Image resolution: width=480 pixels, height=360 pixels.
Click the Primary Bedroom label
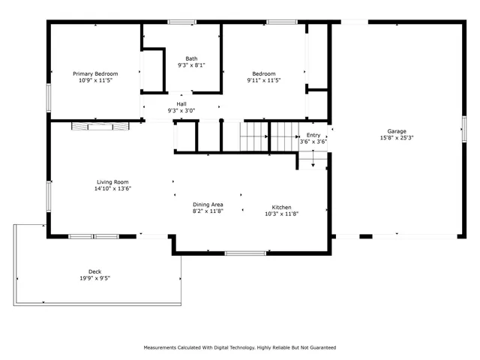tap(95, 73)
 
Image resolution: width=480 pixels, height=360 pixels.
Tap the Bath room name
tap(192, 58)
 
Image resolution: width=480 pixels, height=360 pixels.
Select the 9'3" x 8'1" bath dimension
tap(192, 66)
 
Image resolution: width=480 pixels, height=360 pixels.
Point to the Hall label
tap(181, 104)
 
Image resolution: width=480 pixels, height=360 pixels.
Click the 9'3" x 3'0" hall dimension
tap(181, 112)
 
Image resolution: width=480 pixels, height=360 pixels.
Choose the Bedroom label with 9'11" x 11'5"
tap(264, 73)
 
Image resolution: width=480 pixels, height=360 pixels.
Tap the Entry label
tap(313, 134)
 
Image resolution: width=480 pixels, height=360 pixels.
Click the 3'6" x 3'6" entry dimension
tap(313, 142)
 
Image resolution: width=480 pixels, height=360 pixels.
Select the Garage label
tap(397, 131)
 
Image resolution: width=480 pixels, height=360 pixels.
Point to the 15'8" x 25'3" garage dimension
tap(397, 139)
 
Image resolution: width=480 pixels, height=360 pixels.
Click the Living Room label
tap(112, 181)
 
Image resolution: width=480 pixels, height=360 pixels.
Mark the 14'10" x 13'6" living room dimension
tap(112, 189)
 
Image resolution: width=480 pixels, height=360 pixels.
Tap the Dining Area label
tap(208, 204)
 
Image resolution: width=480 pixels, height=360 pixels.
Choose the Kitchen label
tap(282, 206)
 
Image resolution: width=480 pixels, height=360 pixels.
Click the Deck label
tap(94, 271)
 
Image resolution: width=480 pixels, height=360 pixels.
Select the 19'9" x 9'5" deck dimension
tap(94, 279)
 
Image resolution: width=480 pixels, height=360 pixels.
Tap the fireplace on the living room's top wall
tap(99, 126)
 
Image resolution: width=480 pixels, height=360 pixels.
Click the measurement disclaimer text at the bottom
tap(240, 348)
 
